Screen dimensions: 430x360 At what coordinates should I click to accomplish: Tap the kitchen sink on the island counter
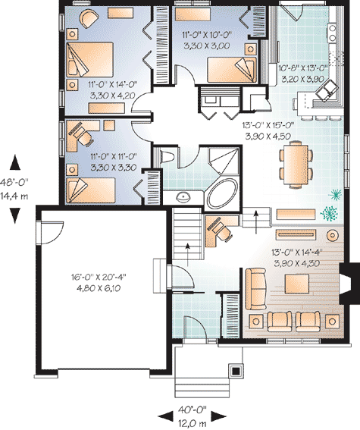pos(329,92)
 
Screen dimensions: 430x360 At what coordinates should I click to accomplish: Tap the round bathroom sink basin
pos(182,196)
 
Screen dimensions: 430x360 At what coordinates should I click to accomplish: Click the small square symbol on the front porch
pos(236,372)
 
